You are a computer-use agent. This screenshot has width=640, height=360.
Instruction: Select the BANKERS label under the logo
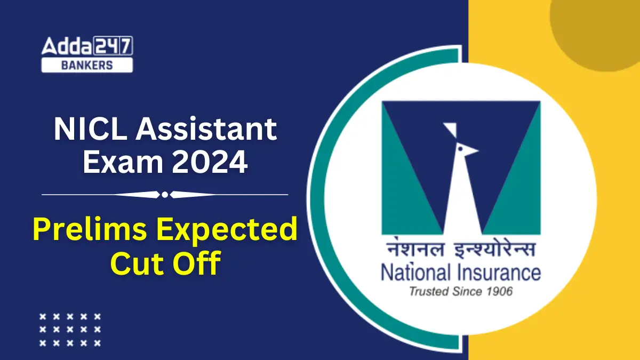87,65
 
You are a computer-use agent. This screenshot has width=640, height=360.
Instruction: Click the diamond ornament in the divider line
165,195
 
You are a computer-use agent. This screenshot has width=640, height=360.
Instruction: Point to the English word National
414,273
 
